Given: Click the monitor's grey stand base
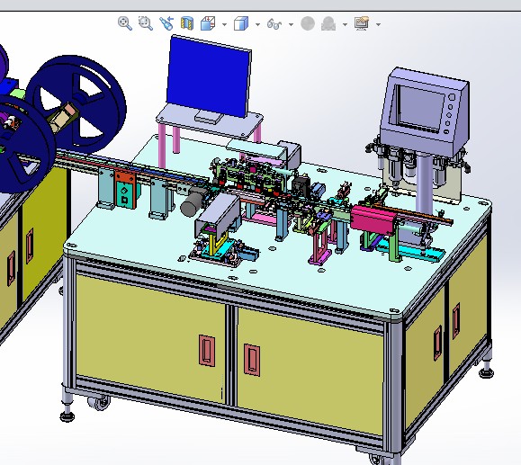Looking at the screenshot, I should [208, 118].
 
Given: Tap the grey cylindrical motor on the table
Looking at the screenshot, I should [192, 205].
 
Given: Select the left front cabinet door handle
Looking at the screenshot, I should [206, 350].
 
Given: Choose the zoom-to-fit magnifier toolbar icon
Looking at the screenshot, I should [125, 23].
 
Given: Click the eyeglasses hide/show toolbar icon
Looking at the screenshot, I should [274, 24].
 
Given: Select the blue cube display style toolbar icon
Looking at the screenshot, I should [240, 24].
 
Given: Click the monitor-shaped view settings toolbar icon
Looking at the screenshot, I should [362, 24].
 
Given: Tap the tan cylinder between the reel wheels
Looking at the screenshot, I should [63, 116].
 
